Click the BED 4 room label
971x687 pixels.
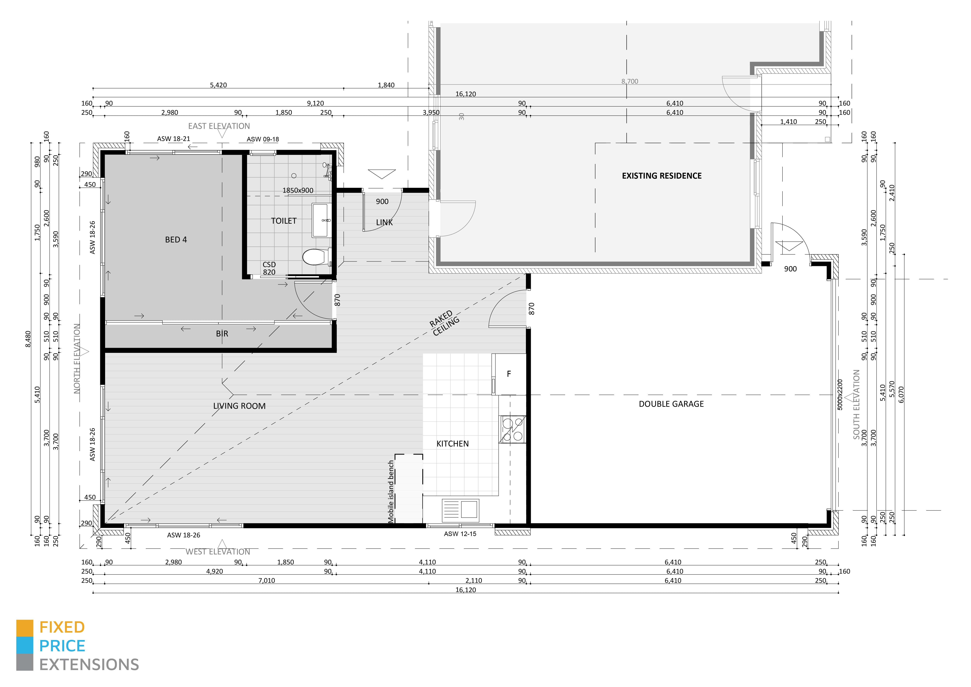tap(176, 240)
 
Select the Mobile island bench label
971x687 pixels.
tap(391, 492)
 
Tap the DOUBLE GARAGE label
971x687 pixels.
tap(671, 404)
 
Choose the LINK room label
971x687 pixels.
tap(384, 222)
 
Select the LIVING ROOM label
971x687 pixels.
tap(239, 406)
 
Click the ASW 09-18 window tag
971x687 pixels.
tap(263, 139)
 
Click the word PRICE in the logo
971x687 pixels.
tap(62, 646)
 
